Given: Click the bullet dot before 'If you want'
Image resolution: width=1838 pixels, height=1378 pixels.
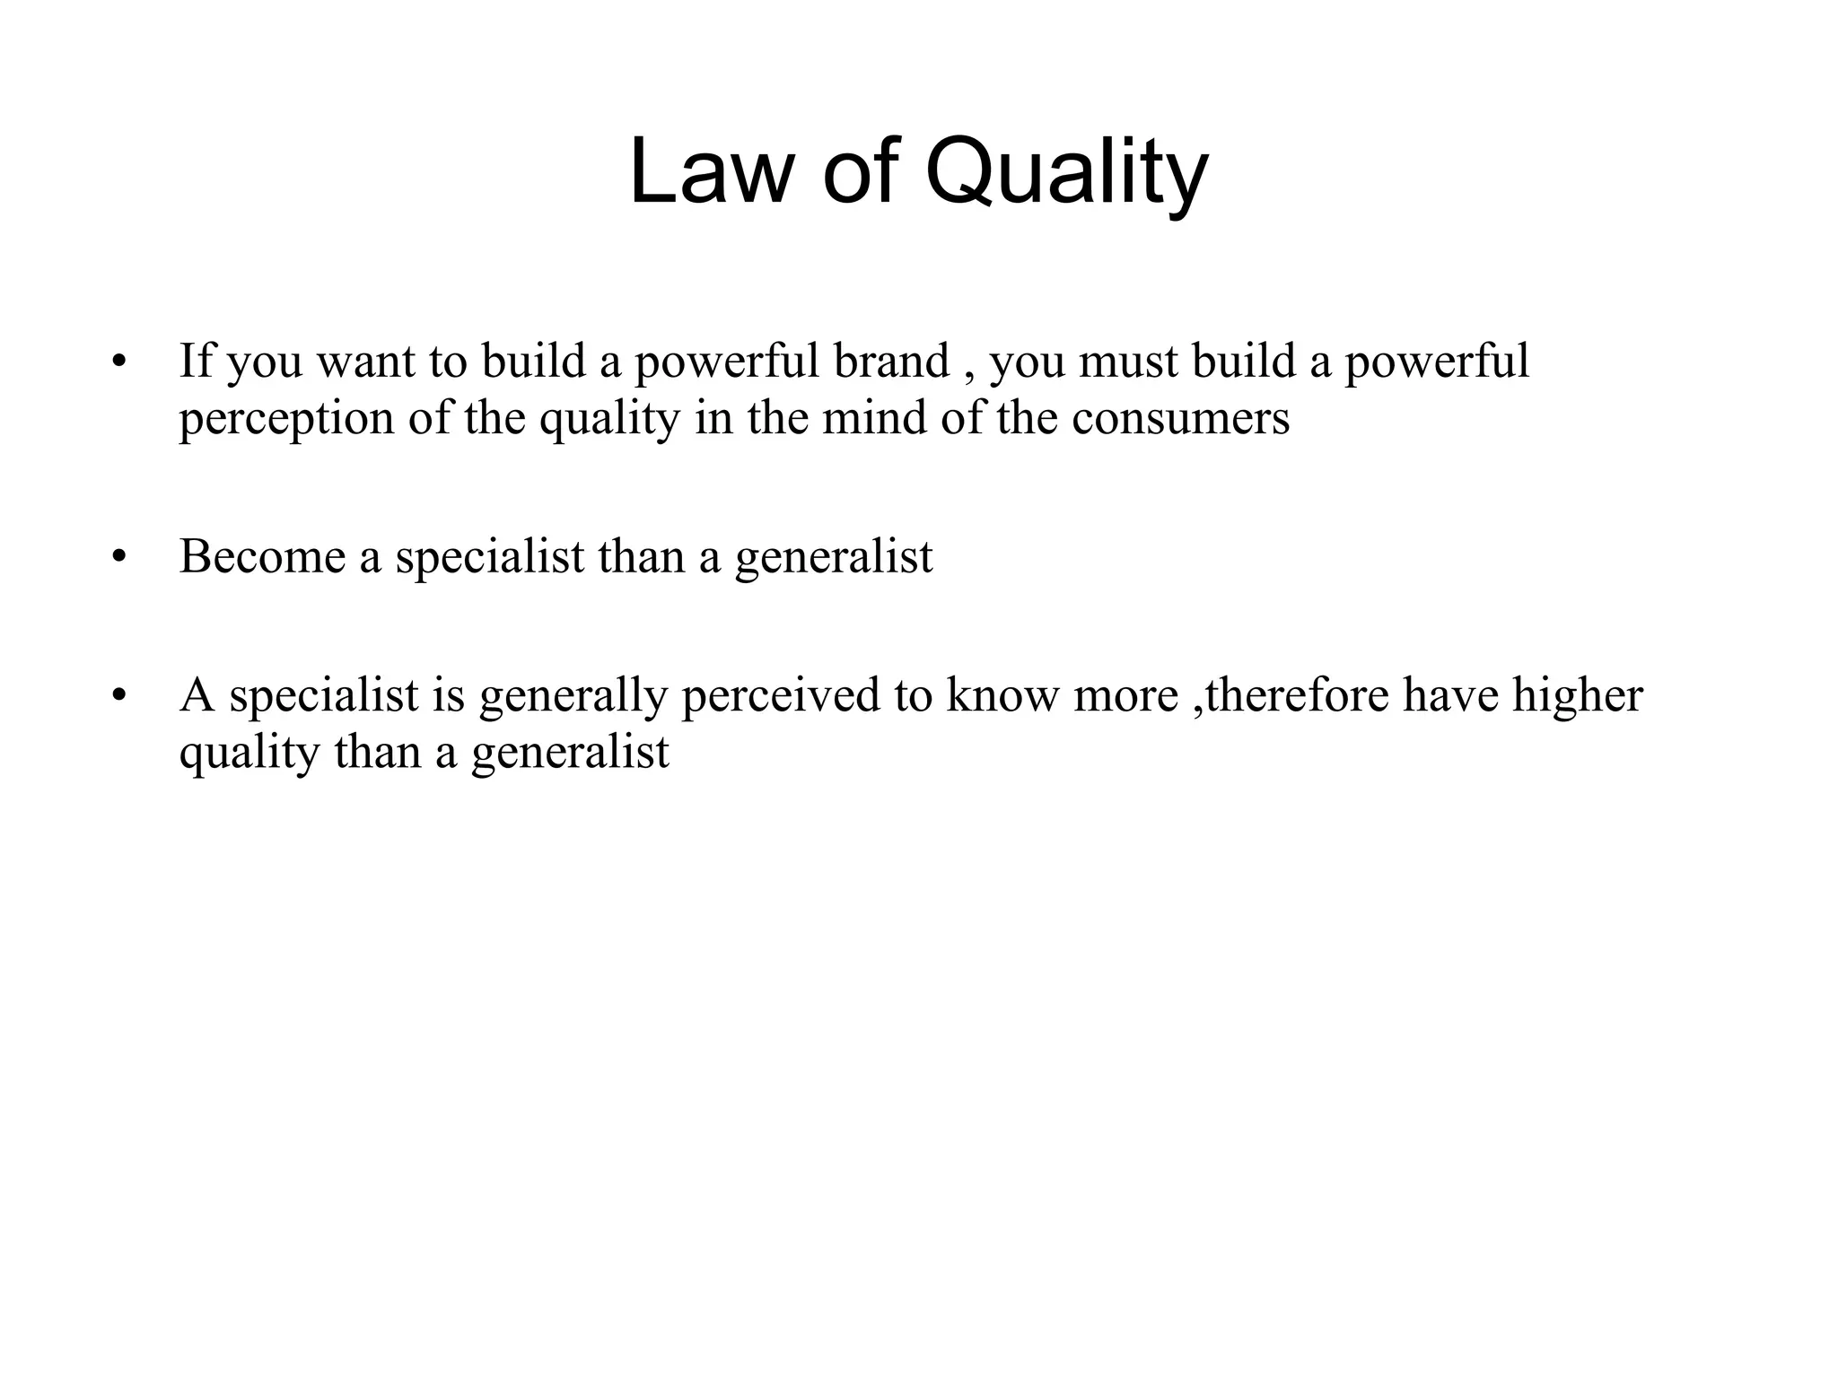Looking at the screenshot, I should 117,362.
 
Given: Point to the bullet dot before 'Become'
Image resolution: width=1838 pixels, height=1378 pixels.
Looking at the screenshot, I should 117,557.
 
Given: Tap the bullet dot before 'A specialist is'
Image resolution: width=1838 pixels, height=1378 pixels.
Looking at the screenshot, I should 117,695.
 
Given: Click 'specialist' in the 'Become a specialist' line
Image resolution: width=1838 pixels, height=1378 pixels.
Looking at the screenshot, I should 490,558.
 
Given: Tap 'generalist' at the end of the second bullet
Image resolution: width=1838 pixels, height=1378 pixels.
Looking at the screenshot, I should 834,558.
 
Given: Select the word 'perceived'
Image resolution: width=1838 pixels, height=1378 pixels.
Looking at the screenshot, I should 780,696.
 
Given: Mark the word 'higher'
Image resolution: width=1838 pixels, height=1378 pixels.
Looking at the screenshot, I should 1577,696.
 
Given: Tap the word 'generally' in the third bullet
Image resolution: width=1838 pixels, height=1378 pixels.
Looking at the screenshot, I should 573,696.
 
